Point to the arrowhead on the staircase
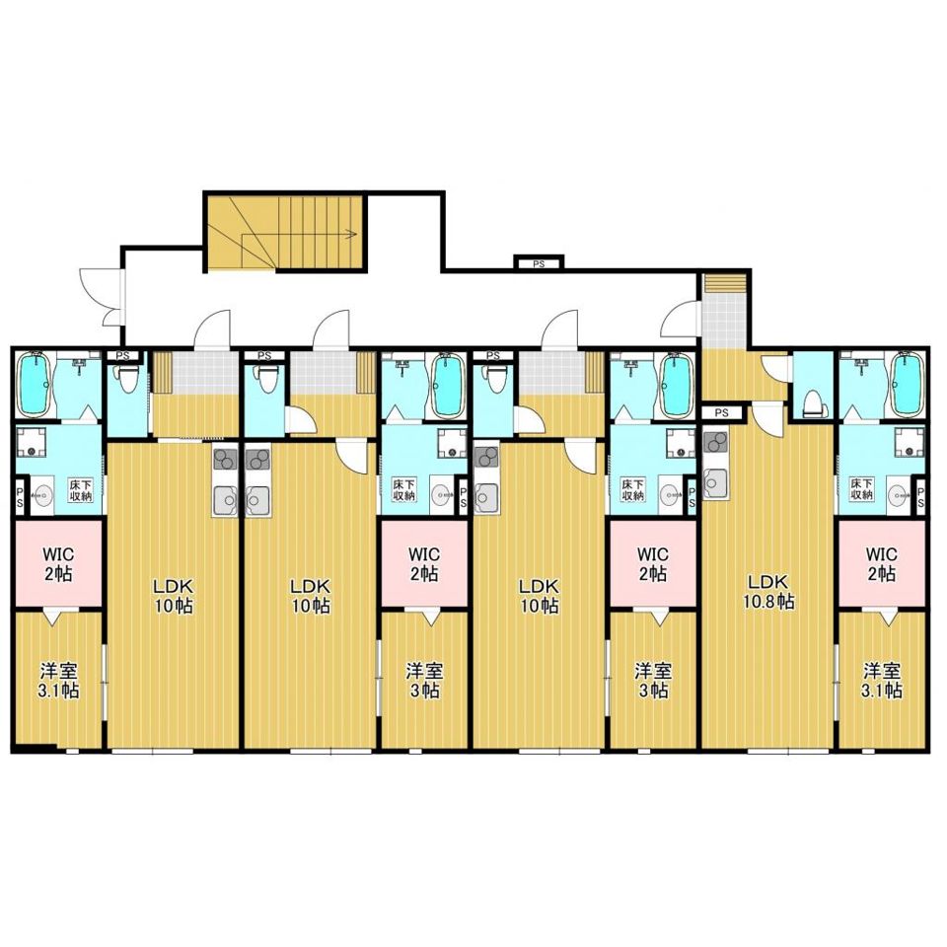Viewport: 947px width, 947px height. (x=349, y=235)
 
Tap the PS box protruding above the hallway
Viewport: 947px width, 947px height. (x=539, y=263)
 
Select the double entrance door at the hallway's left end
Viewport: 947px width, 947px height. (x=104, y=299)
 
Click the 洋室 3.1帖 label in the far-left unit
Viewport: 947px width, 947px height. (x=58, y=681)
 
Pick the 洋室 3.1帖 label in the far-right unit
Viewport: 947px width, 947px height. (x=882, y=681)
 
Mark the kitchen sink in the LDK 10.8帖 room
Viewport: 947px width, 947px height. (x=716, y=482)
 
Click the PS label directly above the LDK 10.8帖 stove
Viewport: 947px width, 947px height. (x=720, y=413)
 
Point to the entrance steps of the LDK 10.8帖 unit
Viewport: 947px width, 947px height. (x=725, y=282)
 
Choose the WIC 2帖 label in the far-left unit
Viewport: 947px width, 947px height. (x=58, y=563)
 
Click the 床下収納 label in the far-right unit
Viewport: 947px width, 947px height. (x=862, y=489)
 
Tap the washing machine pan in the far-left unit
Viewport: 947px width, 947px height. (x=32, y=442)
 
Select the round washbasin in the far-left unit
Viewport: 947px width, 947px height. (x=42, y=496)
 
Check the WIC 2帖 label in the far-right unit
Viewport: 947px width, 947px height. (x=882, y=563)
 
